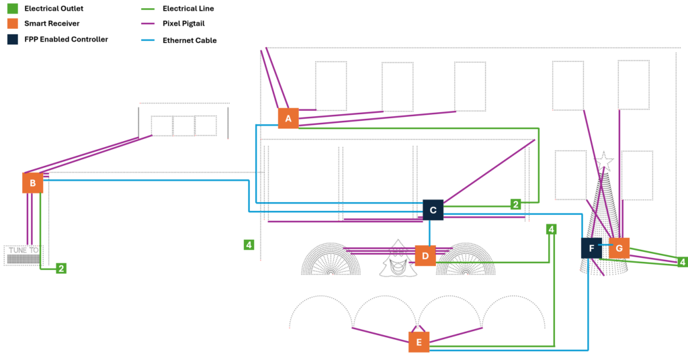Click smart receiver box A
[288, 118]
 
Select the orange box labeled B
[32, 183]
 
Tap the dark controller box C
[433, 210]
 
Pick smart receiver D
[425, 256]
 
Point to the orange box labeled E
[419, 342]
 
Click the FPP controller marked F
[591, 248]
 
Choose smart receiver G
[619, 248]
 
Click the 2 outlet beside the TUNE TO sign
[61, 269]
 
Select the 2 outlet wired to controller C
[515, 204]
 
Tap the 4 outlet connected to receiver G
[683, 262]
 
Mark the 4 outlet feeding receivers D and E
[552, 230]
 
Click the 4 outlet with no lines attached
[249, 244]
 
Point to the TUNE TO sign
[24, 255]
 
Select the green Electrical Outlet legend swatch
[12, 9]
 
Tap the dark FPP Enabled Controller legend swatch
[12, 39]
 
